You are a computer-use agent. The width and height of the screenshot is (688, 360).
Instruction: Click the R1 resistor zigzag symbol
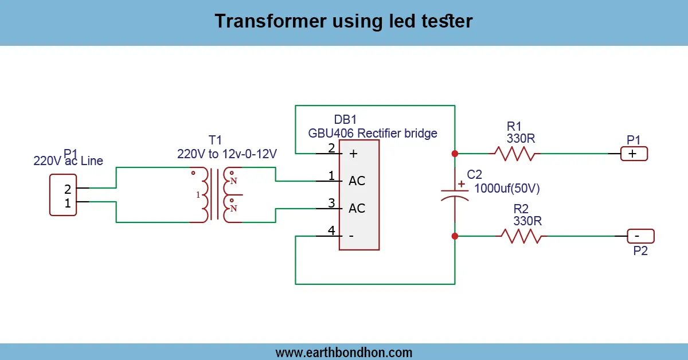515,154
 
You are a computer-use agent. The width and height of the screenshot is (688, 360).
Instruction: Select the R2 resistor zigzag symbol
521,236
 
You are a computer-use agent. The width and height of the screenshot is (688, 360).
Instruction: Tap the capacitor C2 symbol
455,193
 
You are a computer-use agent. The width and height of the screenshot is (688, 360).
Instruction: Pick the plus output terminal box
634,154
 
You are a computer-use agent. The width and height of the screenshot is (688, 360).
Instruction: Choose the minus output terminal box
640,236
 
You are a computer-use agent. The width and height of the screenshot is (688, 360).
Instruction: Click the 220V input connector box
63,195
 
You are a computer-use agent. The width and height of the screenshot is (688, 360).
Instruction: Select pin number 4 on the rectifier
331,230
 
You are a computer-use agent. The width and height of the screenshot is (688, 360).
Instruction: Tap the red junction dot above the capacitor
455,154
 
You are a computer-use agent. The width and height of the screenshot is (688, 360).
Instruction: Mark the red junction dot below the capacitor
455,236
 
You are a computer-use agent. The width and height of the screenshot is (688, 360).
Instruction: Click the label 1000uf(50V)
507,188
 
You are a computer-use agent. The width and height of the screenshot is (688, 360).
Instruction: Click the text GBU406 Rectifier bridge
373,134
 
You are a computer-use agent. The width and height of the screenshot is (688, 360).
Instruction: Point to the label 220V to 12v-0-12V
227,154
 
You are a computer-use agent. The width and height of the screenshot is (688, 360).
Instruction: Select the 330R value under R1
521,138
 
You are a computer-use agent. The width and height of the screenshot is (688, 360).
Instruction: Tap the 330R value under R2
527,221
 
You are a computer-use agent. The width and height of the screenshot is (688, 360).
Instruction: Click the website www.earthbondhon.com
343,352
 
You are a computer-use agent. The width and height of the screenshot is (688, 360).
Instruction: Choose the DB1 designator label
345,120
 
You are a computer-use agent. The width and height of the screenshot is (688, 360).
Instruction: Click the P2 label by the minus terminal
640,251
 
